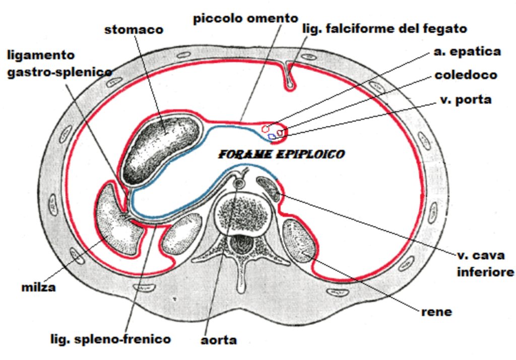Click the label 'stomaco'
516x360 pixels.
[134, 30]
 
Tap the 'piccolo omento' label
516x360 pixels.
[245, 19]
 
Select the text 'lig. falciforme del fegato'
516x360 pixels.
[384, 29]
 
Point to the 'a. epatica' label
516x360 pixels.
[467, 51]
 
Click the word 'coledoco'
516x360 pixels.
[466, 75]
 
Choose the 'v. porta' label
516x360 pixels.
[466, 99]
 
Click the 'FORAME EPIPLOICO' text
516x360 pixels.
[282, 154]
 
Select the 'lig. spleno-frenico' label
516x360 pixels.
[110, 339]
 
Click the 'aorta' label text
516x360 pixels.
[219, 340]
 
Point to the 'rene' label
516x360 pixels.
[437, 312]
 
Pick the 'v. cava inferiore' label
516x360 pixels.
[485, 264]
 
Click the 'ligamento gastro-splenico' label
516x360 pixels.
[59, 64]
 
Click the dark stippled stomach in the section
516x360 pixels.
[161, 148]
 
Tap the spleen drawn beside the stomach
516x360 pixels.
[118, 219]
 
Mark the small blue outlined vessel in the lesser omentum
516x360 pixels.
[272, 136]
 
